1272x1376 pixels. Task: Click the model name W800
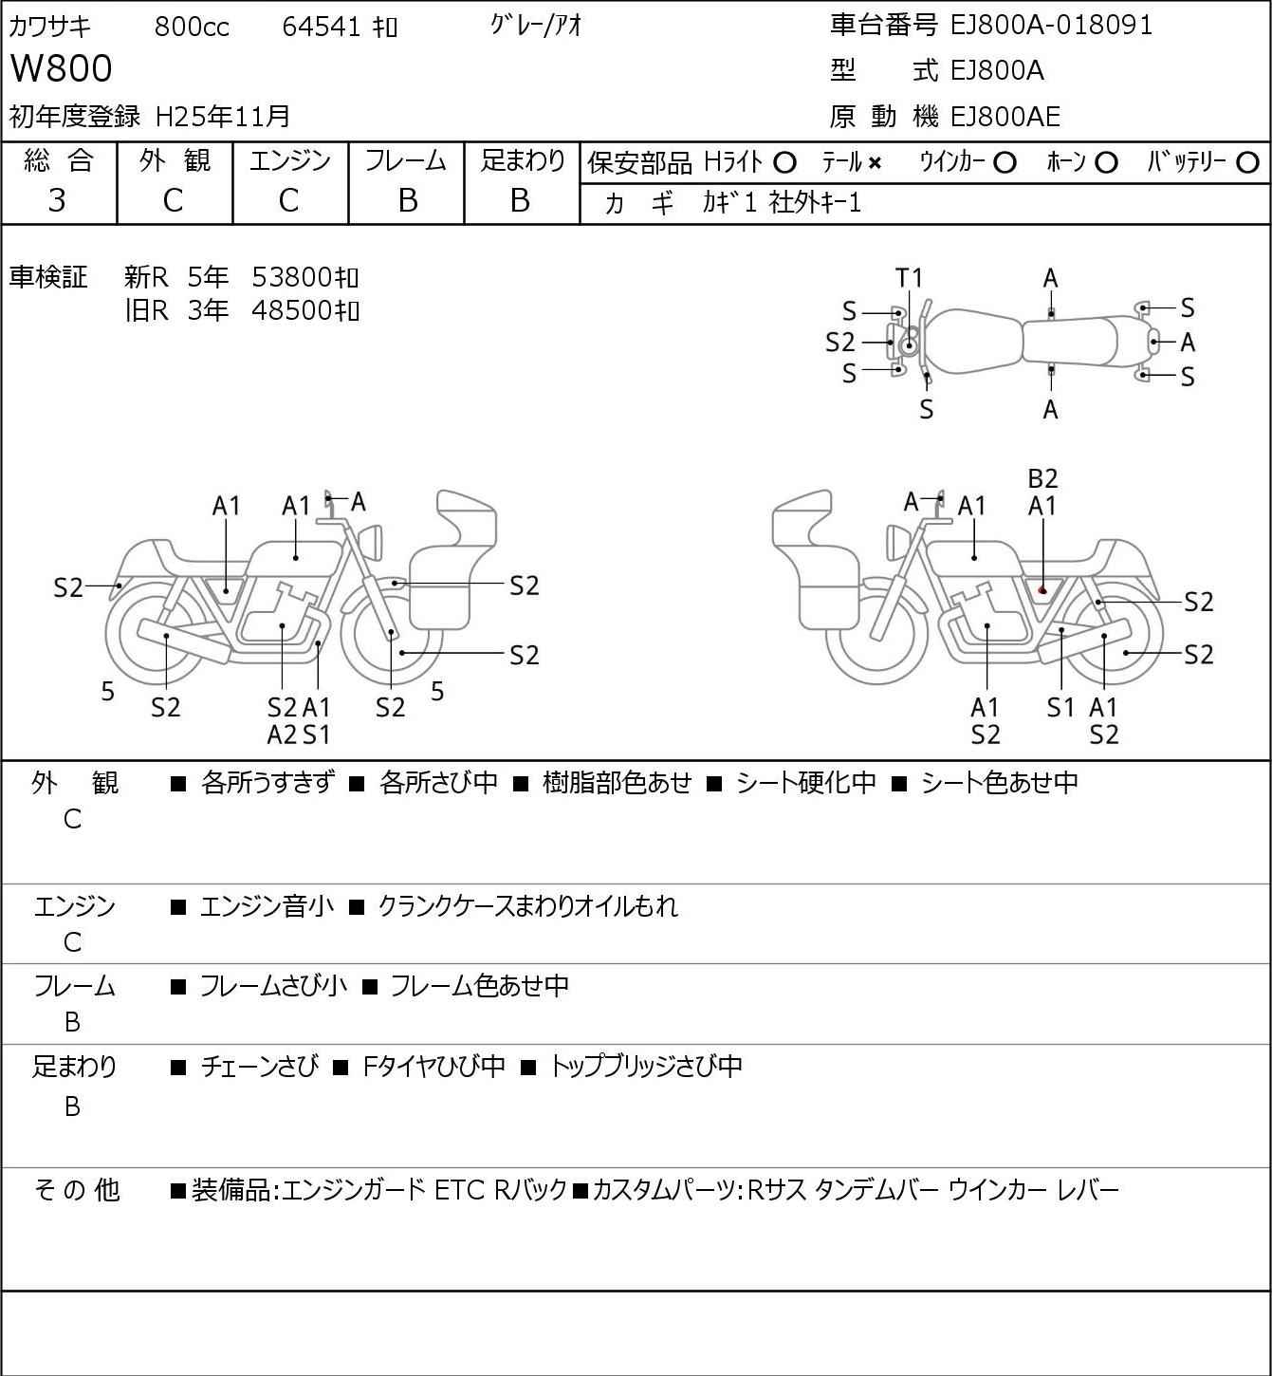[x=61, y=69]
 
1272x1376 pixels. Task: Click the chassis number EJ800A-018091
[x=1051, y=25]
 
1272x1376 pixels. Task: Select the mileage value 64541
[x=322, y=27]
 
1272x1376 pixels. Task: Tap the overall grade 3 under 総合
[x=57, y=200]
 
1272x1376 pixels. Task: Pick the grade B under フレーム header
[x=407, y=200]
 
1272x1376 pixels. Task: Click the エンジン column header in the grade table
[x=289, y=161]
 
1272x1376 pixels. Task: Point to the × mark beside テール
[x=875, y=163]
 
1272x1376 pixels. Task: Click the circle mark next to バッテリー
[x=1247, y=163]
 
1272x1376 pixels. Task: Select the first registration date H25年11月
[x=223, y=117]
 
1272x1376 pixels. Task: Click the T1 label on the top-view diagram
[x=909, y=278]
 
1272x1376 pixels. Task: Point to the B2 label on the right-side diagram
[x=1042, y=478]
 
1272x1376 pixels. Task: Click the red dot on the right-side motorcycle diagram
[x=1042, y=590]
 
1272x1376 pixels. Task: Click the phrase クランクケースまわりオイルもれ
[x=527, y=906]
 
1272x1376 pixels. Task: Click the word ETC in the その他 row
[x=458, y=1190]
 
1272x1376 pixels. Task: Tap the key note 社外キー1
[x=815, y=203]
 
